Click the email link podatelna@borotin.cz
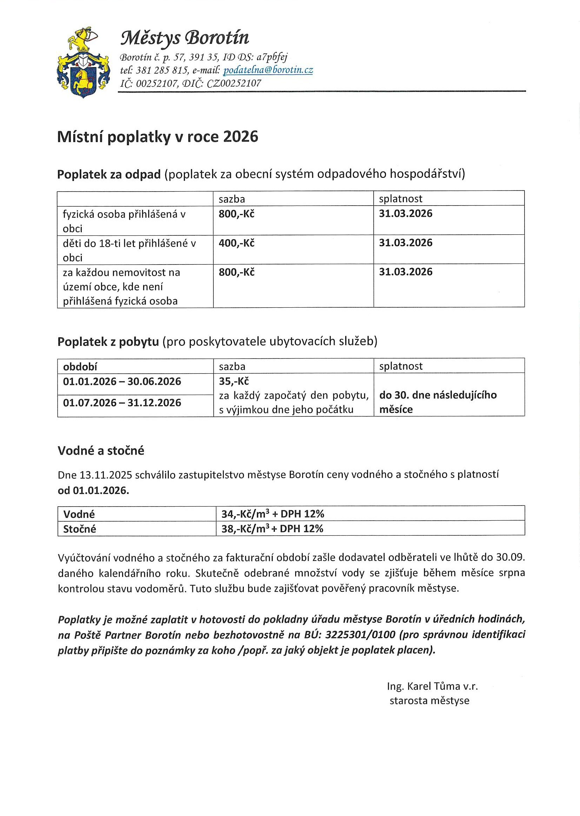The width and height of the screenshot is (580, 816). point(268,70)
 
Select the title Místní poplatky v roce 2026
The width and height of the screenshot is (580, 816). point(158,137)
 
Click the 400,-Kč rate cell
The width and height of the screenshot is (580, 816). point(236,243)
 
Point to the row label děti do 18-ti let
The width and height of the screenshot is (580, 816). point(129,243)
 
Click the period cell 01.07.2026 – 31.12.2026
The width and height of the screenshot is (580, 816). point(122,402)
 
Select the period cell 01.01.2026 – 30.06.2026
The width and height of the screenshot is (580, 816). point(122,381)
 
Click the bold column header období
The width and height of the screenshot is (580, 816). point(80,367)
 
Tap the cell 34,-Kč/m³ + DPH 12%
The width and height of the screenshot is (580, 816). point(273,514)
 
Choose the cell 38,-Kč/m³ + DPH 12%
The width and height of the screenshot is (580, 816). point(272,529)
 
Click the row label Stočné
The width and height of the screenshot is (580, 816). point(80,529)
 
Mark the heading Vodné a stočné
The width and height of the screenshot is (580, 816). point(101,451)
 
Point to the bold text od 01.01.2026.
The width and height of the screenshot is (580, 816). point(93,490)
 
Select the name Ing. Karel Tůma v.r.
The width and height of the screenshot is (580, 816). point(432,686)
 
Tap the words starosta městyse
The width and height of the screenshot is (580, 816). point(429,701)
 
